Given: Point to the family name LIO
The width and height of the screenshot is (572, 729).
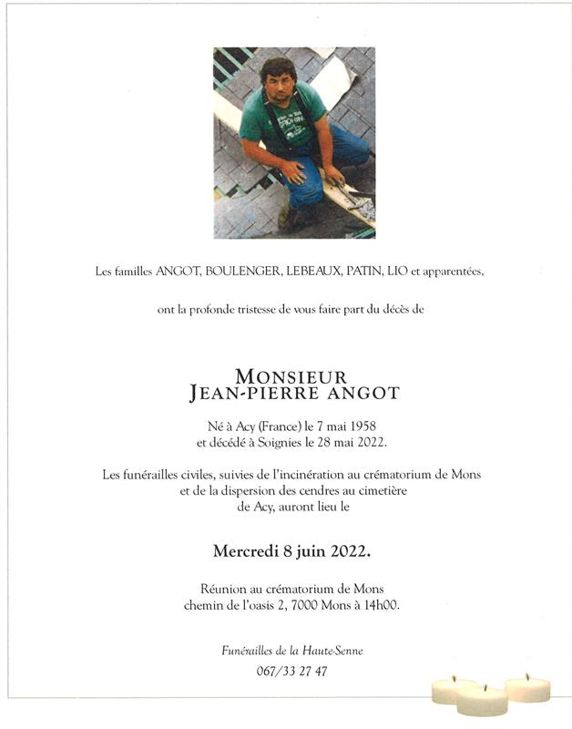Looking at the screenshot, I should tap(397, 272).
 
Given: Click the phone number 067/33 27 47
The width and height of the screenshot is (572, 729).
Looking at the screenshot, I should tap(287, 671).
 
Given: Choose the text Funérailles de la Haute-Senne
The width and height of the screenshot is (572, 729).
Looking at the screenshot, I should tap(287, 651).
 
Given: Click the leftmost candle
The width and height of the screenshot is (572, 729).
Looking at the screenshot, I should tap(455, 691).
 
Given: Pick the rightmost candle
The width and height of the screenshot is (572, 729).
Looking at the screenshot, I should tap(527, 688).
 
